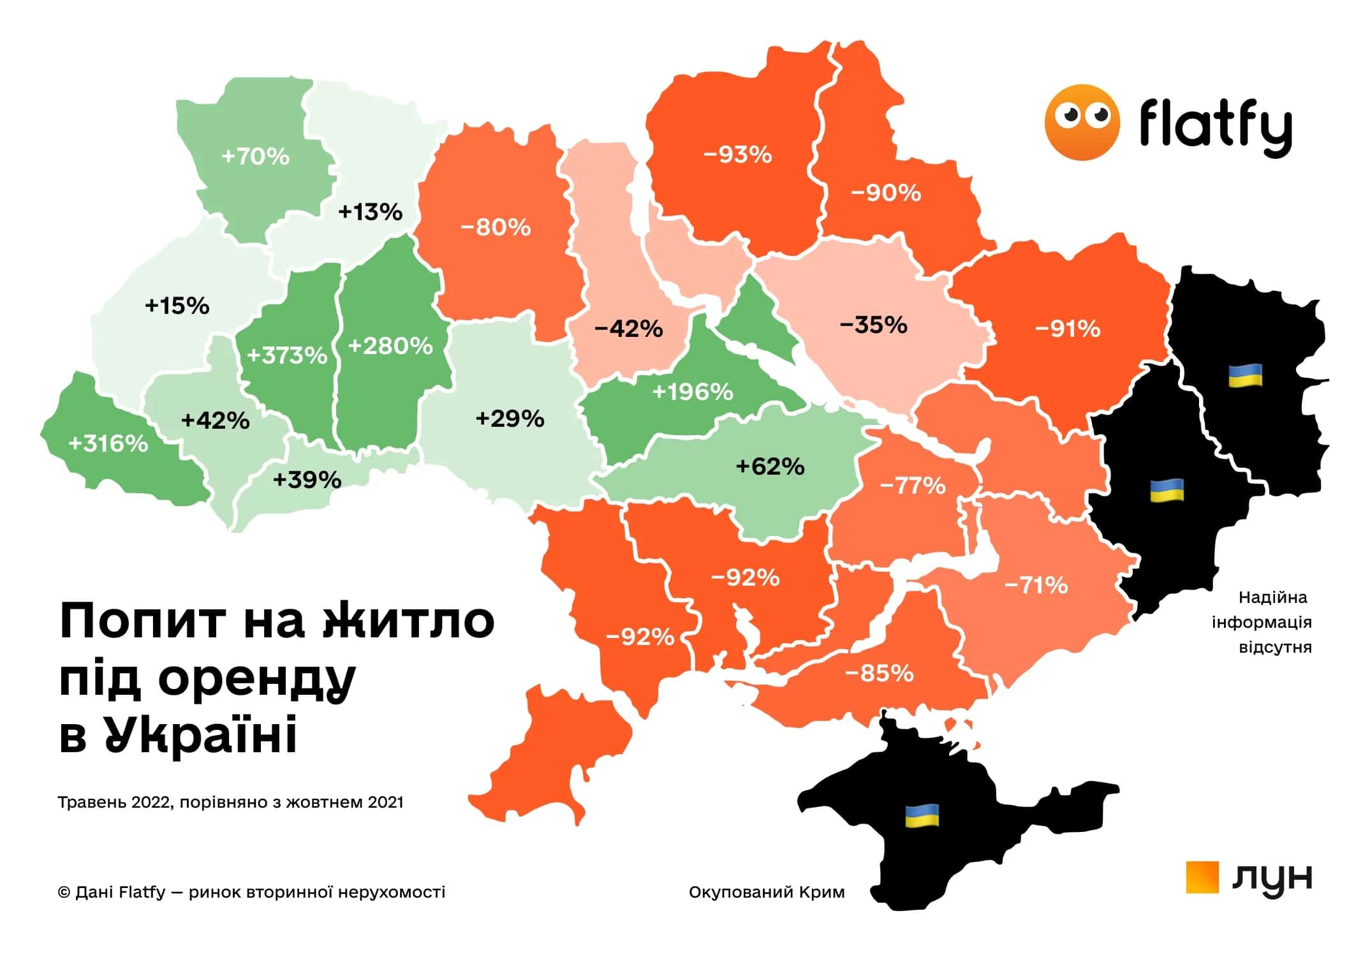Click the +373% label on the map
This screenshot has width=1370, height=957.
287,355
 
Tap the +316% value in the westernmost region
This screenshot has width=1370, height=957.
108,443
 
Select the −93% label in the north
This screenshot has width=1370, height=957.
737,154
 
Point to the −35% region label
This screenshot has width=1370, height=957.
873,325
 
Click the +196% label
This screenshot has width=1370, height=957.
693,391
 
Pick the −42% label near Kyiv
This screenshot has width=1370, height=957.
628,329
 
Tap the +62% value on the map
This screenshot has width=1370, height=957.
770,466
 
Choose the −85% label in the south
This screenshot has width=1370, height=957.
879,673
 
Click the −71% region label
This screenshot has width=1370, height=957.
1036,585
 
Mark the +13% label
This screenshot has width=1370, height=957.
370,212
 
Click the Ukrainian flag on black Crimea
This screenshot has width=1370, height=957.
922,815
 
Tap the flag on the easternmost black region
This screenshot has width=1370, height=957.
1245,376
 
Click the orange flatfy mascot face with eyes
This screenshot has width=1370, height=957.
1082,122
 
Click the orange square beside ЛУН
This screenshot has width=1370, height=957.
1202,877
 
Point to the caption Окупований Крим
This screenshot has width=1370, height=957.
766,892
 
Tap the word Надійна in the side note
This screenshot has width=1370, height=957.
1272,598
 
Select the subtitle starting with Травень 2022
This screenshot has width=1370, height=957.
230,802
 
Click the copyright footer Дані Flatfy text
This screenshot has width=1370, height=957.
251,892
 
